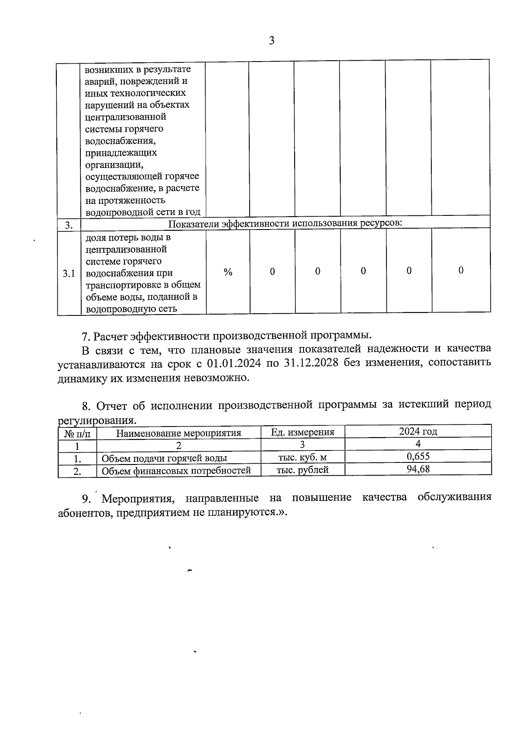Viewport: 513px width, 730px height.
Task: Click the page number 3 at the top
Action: pyautogui.click(x=271, y=41)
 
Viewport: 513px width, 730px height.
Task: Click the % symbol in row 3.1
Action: pyautogui.click(x=228, y=272)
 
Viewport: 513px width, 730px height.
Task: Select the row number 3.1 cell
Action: pyautogui.click(x=69, y=273)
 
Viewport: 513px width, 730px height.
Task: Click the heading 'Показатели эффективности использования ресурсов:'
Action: pyautogui.click(x=285, y=223)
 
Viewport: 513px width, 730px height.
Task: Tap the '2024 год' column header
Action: pyautogui.click(x=418, y=431)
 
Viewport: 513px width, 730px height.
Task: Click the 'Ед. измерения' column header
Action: pyautogui.click(x=303, y=432)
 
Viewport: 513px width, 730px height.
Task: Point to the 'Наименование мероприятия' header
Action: pyautogui.click(x=179, y=433)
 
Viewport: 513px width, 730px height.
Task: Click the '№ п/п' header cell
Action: pyautogui.click(x=77, y=433)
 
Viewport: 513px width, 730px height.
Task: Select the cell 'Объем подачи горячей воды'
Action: pyautogui.click(x=164, y=458)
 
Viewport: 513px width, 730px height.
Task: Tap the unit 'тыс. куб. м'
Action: pyautogui.click(x=303, y=457)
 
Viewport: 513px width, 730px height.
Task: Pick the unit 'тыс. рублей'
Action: pyautogui.click(x=303, y=470)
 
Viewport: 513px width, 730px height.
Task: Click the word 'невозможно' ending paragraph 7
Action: pyautogui.click(x=219, y=378)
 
